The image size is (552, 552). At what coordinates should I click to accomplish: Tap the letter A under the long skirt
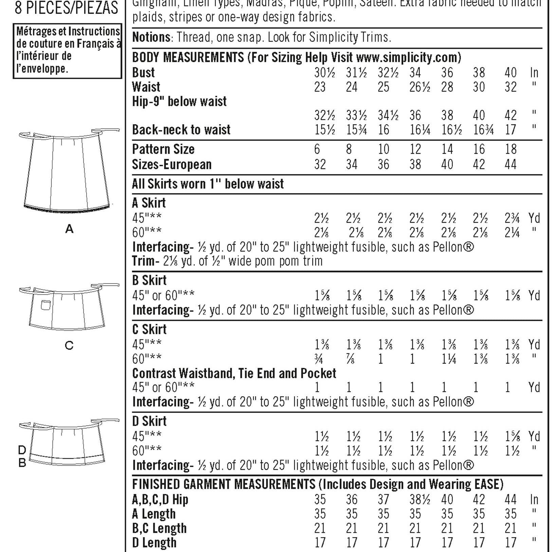(69, 229)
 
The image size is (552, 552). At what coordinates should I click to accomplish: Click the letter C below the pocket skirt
(69, 346)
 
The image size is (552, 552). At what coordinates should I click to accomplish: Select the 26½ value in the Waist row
(420, 87)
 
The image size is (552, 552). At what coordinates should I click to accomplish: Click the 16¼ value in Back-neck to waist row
(420, 130)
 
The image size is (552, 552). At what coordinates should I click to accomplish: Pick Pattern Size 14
(447, 149)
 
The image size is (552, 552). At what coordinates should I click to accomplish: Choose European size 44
(510, 165)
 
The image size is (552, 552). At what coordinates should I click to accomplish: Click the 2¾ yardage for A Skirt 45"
(512, 218)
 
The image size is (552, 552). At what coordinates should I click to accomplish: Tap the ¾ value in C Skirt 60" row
(319, 359)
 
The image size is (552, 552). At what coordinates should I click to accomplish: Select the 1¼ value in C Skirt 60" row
(448, 359)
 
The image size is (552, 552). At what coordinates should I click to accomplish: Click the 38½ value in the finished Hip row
(420, 500)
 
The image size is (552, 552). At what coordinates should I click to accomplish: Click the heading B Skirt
(149, 280)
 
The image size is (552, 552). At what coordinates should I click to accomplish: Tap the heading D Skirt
(149, 421)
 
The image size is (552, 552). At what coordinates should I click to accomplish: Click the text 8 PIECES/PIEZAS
(67, 8)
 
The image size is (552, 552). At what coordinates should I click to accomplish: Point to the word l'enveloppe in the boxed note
(42, 69)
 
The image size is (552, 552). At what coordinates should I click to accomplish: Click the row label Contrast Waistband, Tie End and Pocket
(234, 373)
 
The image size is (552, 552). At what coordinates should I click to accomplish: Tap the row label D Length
(154, 542)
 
